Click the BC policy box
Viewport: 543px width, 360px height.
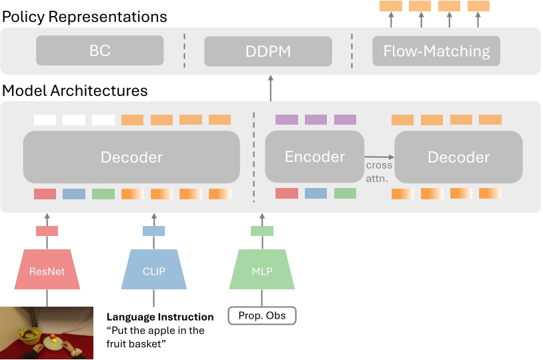click(x=99, y=51)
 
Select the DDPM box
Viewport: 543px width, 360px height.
click(x=267, y=51)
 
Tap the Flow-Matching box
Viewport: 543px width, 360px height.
click(x=436, y=51)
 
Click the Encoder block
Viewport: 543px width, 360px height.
click(x=315, y=157)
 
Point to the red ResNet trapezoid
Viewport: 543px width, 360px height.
click(x=46, y=271)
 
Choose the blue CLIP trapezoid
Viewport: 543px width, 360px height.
click(x=154, y=271)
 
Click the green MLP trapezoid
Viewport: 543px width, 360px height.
click(x=261, y=271)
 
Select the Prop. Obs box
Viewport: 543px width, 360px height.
click(x=261, y=315)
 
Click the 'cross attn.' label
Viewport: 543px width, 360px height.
click(x=379, y=171)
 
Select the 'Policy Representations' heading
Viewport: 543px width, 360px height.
click(x=84, y=16)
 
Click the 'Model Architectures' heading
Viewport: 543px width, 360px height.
click(x=75, y=90)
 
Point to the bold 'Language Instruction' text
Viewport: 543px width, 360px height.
click(x=160, y=317)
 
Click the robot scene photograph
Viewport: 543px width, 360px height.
click(x=46, y=333)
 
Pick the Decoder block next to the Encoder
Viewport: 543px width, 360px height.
click(x=458, y=157)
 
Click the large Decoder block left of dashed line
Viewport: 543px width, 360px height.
click(x=131, y=157)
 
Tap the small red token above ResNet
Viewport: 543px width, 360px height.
click(x=47, y=231)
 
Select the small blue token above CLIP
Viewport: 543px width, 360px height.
click(x=154, y=231)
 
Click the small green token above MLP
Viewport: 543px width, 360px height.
click(x=261, y=231)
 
